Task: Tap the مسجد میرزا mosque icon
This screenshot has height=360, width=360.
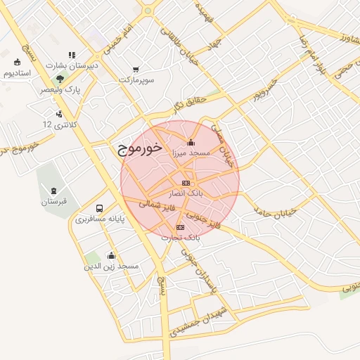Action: (191, 142)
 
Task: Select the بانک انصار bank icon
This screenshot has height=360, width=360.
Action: (186, 183)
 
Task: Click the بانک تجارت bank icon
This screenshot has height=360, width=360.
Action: (181, 227)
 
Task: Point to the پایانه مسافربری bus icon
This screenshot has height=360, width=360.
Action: (99, 209)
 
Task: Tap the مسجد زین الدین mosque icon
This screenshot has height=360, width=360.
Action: (111, 256)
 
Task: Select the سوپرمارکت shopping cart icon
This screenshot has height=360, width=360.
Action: (136, 70)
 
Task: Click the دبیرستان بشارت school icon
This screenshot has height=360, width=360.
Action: (71, 54)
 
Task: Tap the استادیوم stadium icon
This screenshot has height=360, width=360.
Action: (17, 62)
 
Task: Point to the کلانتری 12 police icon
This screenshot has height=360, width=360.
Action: (58, 113)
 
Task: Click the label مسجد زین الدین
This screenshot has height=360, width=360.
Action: (112, 266)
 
